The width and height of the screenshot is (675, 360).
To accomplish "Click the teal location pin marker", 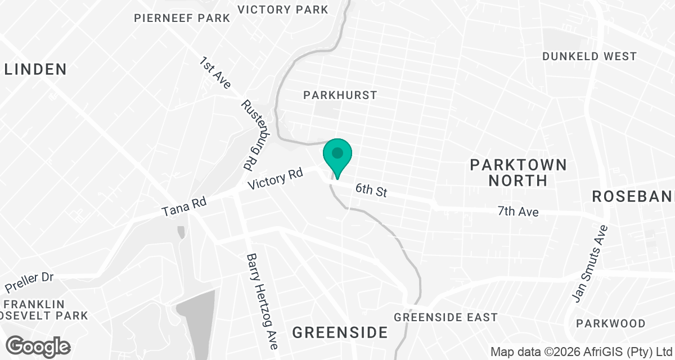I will pyautogui.click(x=337, y=157).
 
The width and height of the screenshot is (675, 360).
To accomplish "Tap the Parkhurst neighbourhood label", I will pyautogui.click(x=340, y=95).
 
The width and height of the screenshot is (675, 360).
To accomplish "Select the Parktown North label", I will pyautogui.click(x=518, y=173).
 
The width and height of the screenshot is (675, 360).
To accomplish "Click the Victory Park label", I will pyautogui.click(x=283, y=10).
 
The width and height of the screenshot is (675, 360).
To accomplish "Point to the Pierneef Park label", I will pyautogui.click(x=182, y=18).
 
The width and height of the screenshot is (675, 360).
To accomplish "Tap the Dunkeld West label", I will pyautogui.click(x=589, y=56).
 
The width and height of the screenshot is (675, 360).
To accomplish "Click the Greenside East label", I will pyautogui.click(x=446, y=317).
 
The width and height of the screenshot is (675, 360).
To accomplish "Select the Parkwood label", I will pyautogui.click(x=611, y=323).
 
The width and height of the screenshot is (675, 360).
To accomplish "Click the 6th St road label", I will pyautogui.click(x=371, y=190).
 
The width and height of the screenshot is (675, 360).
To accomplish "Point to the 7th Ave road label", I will pyautogui.click(x=518, y=211).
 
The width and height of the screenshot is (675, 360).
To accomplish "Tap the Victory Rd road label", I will pyautogui.click(x=275, y=179).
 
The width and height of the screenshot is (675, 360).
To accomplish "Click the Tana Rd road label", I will pyautogui.click(x=184, y=206).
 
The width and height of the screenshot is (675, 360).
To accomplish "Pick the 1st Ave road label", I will pyautogui.click(x=215, y=72).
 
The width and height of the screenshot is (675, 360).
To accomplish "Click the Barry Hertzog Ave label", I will pyautogui.click(x=262, y=301).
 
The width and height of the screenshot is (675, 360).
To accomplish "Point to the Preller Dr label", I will pyautogui.click(x=29, y=283).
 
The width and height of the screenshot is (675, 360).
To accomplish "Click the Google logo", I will pyautogui.click(x=39, y=346).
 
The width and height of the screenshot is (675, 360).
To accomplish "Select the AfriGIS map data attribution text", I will pyautogui.click(x=582, y=352).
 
